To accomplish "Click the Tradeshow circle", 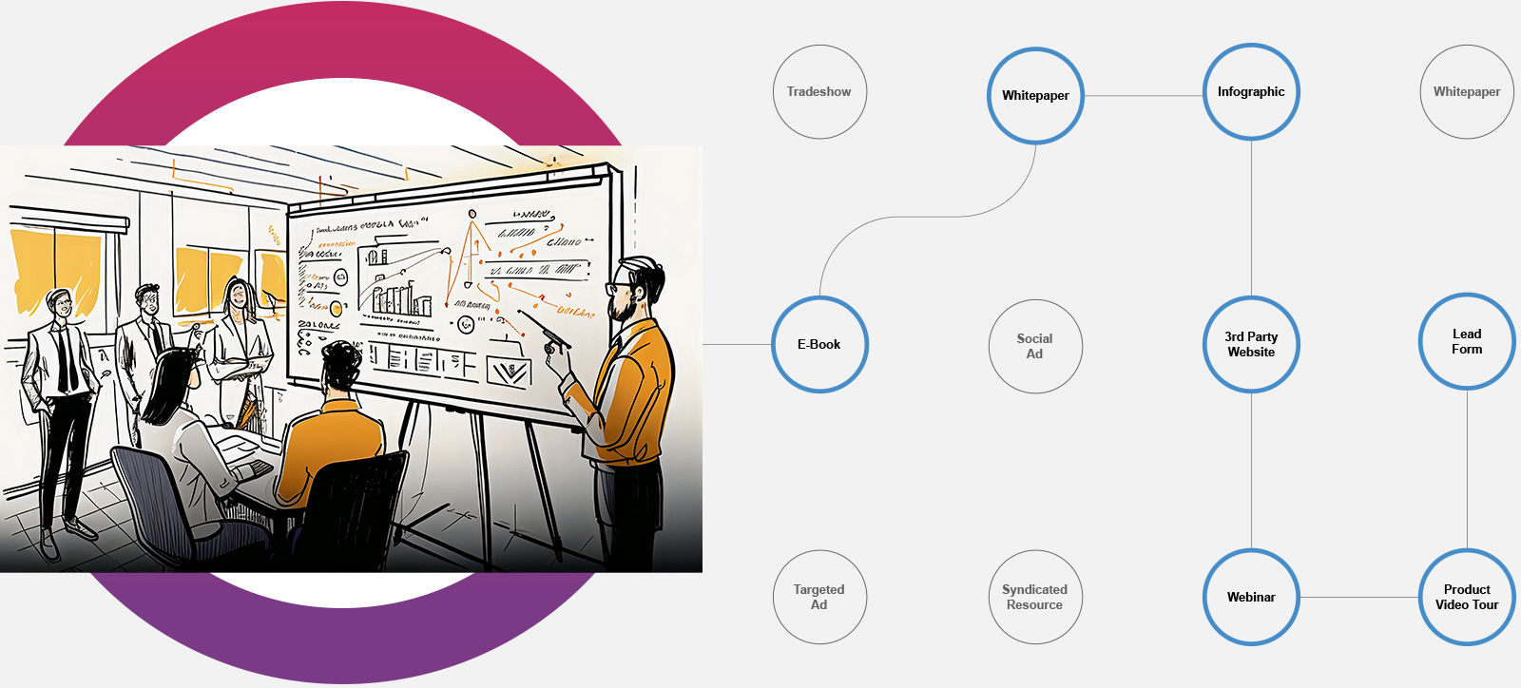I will (x=819, y=92).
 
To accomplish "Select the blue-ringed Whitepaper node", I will (x=1035, y=95).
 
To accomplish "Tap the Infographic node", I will (x=1251, y=92).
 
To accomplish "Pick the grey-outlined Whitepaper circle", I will (x=1467, y=92).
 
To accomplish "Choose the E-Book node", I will (x=819, y=344).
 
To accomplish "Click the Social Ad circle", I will (x=1035, y=346).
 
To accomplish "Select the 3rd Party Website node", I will (x=1251, y=344).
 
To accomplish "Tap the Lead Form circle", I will (x=1467, y=341).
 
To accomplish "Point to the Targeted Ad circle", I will (x=819, y=597).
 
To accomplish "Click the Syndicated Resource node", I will (x=1035, y=597).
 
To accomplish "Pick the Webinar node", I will (x=1251, y=597).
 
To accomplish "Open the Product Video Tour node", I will (x=1467, y=597).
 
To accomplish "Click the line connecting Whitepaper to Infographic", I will (x=1144, y=95).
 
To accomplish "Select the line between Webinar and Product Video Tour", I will (x=1358, y=597).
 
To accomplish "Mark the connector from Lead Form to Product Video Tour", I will (x=1467, y=468).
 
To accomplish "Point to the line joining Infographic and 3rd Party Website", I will (x=1251, y=219).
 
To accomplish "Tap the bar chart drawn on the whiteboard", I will (x=399, y=297).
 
